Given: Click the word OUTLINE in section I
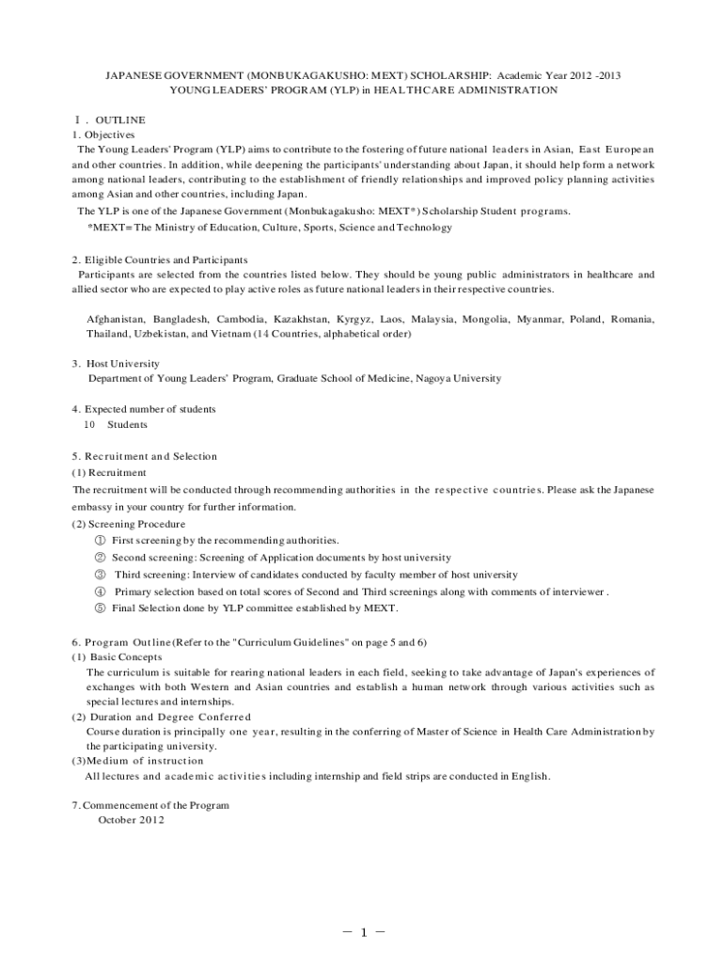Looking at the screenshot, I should [120, 119].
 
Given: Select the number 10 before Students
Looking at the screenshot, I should [90, 424].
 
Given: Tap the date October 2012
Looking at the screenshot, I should [131, 820].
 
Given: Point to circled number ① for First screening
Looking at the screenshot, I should [100, 541].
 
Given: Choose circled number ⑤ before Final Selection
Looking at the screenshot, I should [100, 608].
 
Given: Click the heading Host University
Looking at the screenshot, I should [122, 363].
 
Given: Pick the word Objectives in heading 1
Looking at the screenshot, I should [110, 134].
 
